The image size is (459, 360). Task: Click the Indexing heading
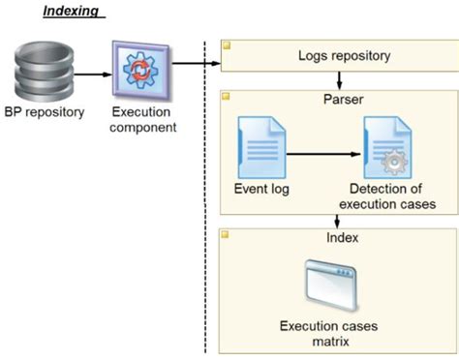(74, 12)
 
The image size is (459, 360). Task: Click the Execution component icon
(143, 71)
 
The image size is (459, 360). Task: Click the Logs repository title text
(335, 55)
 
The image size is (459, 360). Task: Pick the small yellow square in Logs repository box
(228, 45)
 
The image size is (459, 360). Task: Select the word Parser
(335, 101)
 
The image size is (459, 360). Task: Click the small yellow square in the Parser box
(228, 97)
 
